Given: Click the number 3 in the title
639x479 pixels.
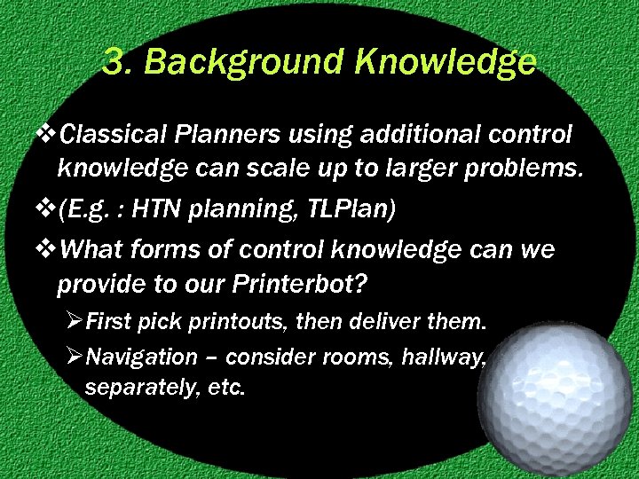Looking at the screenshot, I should (112, 62).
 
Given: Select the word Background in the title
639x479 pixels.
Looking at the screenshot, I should (233, 62).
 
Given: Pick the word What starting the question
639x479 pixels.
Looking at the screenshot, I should (94, 251).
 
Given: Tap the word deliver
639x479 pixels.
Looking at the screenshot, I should (388, 321).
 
